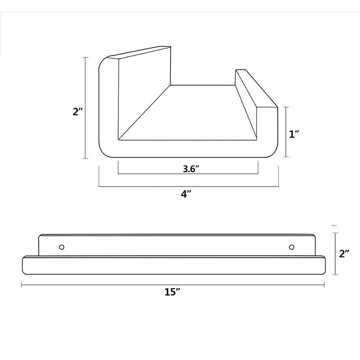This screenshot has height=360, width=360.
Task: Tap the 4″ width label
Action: point(186,194)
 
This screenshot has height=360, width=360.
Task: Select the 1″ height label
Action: point(294,134)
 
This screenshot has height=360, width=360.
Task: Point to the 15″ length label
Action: point(172,292)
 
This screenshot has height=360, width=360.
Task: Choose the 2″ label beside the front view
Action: point(345,254)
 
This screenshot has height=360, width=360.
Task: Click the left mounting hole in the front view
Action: point(62,247)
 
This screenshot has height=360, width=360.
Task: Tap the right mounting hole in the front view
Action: point(292,247)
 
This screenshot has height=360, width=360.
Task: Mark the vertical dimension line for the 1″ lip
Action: point(286,132)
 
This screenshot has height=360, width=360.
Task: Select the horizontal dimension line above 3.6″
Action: point(188,174)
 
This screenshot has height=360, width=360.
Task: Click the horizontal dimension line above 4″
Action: point(189,186)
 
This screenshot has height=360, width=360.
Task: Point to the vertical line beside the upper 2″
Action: point(85,108)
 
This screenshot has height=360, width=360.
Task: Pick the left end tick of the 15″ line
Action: point(22,285)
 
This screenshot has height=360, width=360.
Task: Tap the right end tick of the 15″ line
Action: point(324,285)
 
